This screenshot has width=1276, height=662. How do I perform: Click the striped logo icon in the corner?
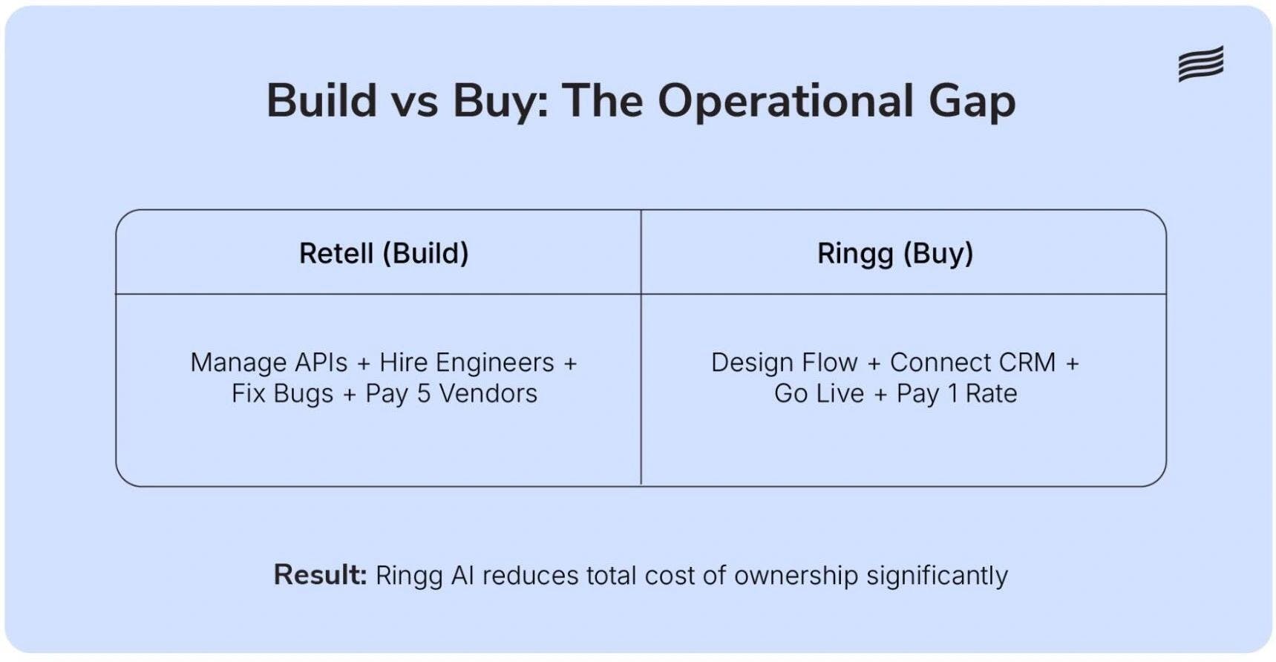click(x=1200, y=64)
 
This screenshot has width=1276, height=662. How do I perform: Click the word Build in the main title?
click(x=321, y=101)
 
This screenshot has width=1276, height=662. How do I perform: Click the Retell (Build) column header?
click(x=384, y=254)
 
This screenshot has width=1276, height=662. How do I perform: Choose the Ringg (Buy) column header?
click(x=895, y=254)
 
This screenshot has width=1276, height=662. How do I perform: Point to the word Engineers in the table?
click(x=494, y=363)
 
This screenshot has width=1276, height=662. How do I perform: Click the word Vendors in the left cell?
click(x=488, y=393)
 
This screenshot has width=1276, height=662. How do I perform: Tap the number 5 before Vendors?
click(x=423, y=393)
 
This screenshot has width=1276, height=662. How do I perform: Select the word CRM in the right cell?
click(x=1027, y=363)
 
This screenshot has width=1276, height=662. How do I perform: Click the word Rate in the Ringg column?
click(x=991, y=393)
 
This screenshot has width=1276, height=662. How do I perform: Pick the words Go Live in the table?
click(x=819, y=393)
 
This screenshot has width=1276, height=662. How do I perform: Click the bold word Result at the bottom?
click(x=319, y=575)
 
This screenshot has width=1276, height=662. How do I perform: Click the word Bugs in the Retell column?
click(x=303, y=394)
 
